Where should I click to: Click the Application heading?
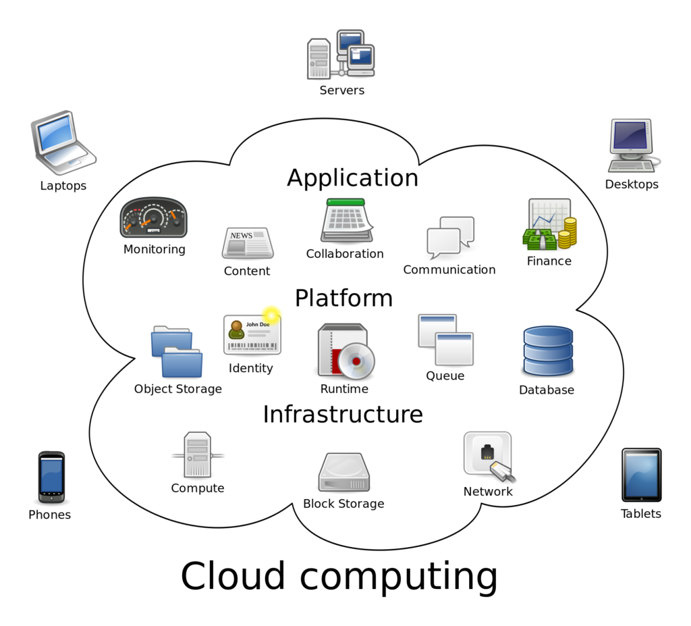click(x=352, y=178)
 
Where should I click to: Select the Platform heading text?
click(x=343, y=298)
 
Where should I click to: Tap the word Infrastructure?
click(x=343, y=414)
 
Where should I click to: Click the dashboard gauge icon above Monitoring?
click(x=153, y=218)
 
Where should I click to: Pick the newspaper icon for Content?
click(x=248, y=243)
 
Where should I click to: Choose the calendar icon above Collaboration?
click(x=346, y=221)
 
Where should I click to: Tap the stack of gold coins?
click(x=569, y=232)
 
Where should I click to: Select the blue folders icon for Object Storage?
click(x=176, y=351)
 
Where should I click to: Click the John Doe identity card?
click(x=252, y=334)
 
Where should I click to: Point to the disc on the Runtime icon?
click(x=356, y=361)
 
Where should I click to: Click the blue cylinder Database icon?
click(x=547, y=351)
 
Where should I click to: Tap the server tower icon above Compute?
click(x=198, y=454)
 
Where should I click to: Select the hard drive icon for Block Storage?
click(x=343, y=473)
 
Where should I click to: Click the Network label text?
click(x=488, y=492)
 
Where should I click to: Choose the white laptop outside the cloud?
click(x=62, y=142)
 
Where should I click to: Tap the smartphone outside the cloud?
click(x=51, y=477)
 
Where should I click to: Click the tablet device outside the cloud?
click(x=641, y=475)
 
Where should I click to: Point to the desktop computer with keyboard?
click(x=632, y=145)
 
